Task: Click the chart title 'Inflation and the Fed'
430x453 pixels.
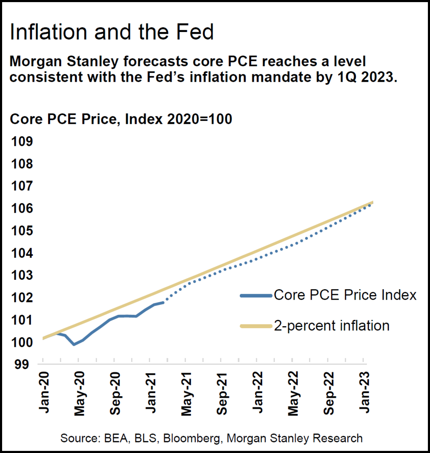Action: click(x=112, y=32)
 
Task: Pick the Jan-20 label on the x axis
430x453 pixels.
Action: click(x=43, y=390)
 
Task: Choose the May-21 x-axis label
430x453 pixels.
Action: click(x=186, y=390)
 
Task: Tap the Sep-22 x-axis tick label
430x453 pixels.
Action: click(x=329, y=390)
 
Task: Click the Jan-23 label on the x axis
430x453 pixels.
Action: click(x=365, y=390)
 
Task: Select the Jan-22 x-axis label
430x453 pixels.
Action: click(x=258, y=390)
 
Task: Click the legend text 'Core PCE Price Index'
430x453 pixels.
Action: click(x=345, y=295)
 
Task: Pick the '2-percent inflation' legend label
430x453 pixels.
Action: click(x=331, y=326)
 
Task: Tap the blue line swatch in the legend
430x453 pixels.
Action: click(x=255, y=295)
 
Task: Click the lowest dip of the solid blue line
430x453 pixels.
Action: click(x=74, y=344)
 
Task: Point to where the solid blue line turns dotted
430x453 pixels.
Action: click(x=164, y=302)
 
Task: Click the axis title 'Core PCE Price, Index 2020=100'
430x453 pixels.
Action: click(x=121, y=119)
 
